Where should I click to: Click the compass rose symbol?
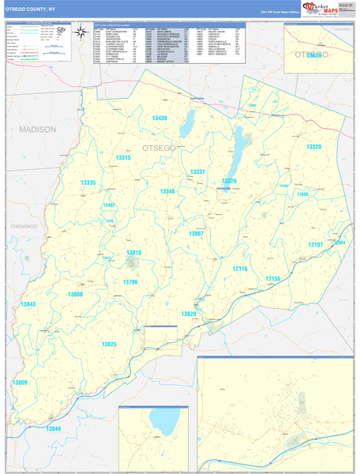click(x=82, y=31)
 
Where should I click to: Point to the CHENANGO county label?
click(x=24, y=226)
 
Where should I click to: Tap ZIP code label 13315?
click(x=122, y=158)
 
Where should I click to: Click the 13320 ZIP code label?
click(x=313, y=147)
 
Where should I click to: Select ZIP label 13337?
click(x=197, y=171)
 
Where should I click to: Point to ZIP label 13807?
click(x=196, y=233)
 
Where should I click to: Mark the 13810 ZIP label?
click(x=133, y=252)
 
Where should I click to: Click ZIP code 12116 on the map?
click(x=240, y=269)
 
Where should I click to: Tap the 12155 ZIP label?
click(x=272, y=279)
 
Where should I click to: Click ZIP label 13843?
click(x=28, y=304)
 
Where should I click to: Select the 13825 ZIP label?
click(x=108, y=344)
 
